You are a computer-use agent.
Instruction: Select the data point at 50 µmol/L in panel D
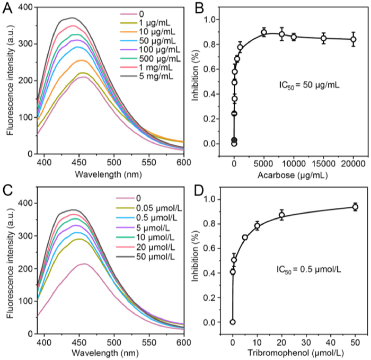pyautogui.click(x=356, y=207)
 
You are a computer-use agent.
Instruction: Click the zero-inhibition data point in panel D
pyautogui.click(x=233, y=322)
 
